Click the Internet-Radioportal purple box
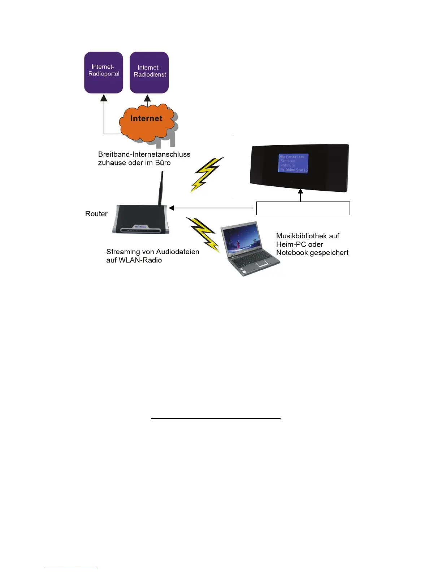pos(104,72)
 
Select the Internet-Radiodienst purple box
pos(149,73)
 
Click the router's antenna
pos(161,188)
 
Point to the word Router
pos(96,214)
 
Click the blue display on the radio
pos(293,163)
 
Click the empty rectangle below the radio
pos(303,208)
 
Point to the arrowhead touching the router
pos(172,208)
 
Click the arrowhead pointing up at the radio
pos(300,191)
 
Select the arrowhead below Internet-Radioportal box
pos(104,97)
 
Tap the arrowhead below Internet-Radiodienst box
pos(147,98)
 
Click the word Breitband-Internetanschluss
pos(144,154)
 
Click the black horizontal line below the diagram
pos(216,419)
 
